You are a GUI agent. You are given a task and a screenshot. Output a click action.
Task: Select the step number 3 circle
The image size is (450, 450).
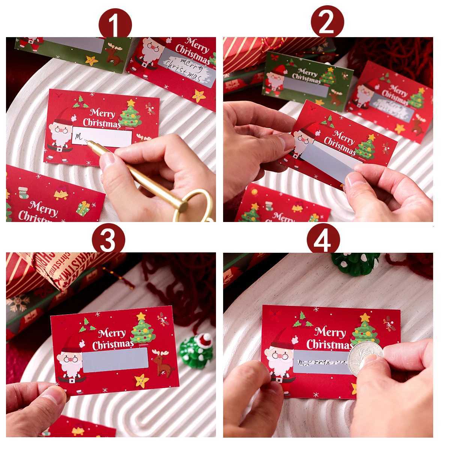coord(108,240)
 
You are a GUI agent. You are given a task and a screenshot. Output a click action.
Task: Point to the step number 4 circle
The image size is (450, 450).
coord(323,240)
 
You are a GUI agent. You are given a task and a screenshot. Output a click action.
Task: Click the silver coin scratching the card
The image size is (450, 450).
coord(364,356)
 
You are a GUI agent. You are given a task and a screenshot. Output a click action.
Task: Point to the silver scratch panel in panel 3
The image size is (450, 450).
coord(115,359)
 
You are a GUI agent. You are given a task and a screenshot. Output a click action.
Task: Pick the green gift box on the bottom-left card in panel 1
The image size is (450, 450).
coord(83,208)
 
